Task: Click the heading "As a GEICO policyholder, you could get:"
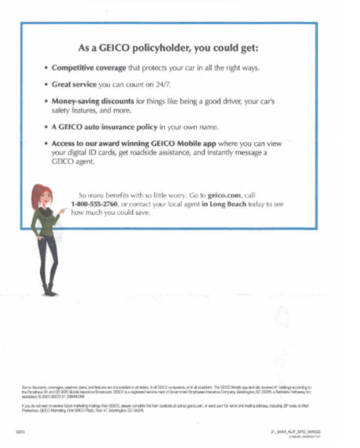pos(169,47)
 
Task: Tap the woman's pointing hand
pos(63,211)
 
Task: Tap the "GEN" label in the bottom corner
pos(19,431)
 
